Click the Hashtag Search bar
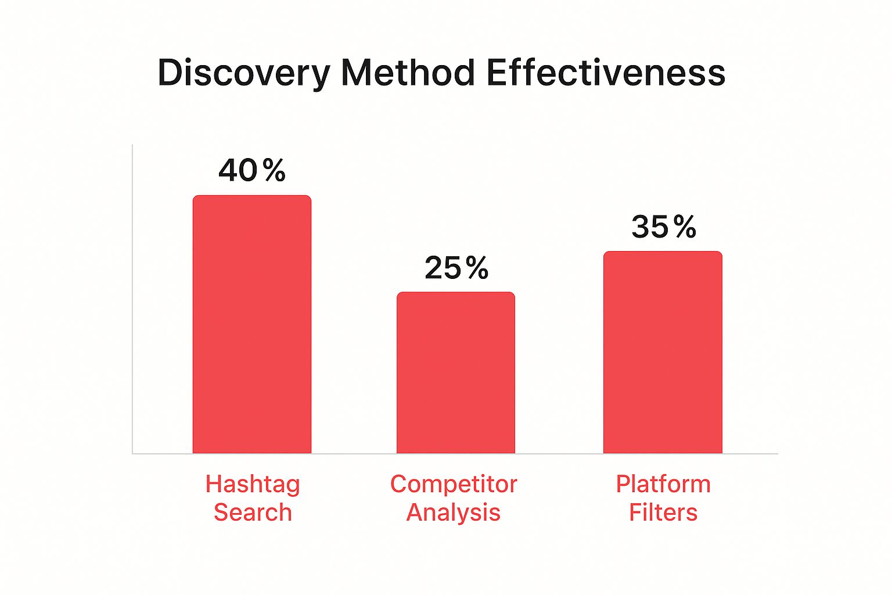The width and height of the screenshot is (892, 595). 252,324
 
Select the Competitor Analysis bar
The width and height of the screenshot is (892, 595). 456,372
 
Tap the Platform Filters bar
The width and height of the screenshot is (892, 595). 663,352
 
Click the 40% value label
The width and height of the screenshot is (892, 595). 252,170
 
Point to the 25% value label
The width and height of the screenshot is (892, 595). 456,268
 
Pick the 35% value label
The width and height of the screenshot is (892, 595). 664,227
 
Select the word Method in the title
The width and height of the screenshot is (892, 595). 408,73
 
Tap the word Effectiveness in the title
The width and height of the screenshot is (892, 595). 606,73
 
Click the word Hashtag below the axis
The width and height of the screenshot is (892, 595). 253,484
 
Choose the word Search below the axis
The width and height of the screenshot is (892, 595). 253,512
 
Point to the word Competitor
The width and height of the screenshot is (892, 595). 454,484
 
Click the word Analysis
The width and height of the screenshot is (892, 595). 454,512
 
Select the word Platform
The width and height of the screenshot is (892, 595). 663,484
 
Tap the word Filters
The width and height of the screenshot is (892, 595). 663,512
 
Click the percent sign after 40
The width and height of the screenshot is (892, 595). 274,170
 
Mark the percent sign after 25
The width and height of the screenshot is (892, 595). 477,268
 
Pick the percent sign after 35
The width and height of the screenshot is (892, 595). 685,227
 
